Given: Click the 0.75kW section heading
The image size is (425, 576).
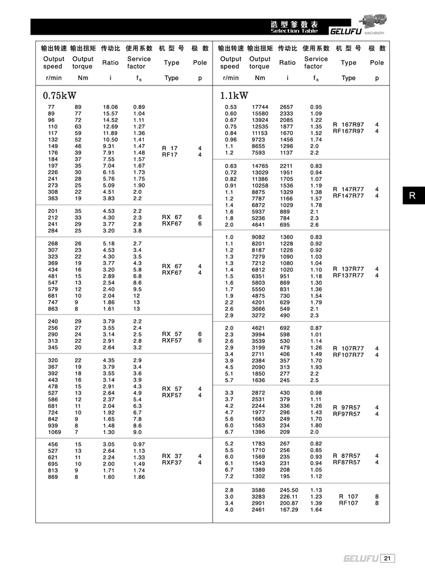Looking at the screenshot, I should pyautogui.click(x=60, y=95).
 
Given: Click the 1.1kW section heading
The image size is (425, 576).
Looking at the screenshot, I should pyautogui.click(x=234, y=95).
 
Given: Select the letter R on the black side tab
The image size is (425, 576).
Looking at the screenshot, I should pyautogui.click(x=412, y=195).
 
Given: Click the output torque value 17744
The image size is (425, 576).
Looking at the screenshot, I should pyautogui.click(x=260, y=107).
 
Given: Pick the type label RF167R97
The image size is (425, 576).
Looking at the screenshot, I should pyautogui.click(x=348, y=131).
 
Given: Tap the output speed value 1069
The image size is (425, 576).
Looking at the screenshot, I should pyautogui.click(x=53, y=432).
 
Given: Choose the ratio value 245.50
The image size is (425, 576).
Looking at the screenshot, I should pyautogui.click(x=289, y=490).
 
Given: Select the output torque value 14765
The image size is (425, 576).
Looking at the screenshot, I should pyautogui.click(x=260, y=166).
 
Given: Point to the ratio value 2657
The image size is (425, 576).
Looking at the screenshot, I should pyautogui.click(x=287, y=107).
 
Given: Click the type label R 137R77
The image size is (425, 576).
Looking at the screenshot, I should pyautogui.click(x=348, y=269).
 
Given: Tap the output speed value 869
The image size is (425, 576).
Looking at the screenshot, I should pyautogui.click(x=52, y=477).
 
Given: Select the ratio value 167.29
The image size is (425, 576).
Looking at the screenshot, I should pyautogui.click(x=289, y=510).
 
